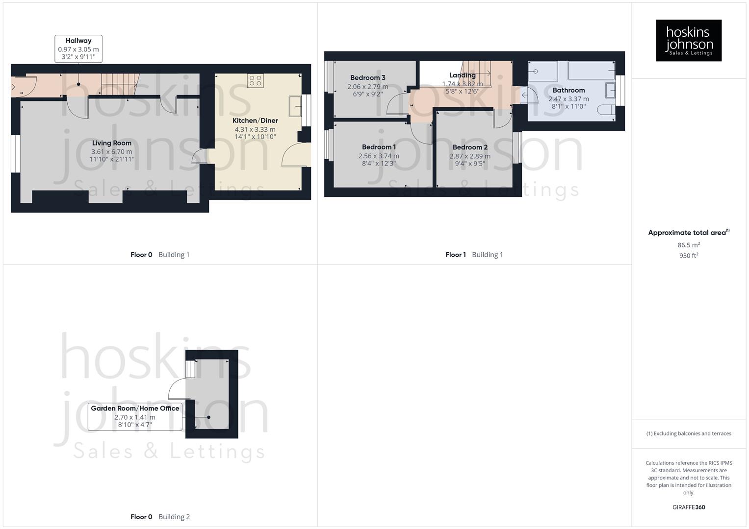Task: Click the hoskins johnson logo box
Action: (x=688, y=40)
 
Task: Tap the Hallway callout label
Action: (x=78, y=48)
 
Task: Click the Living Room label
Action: (x=112, y=143)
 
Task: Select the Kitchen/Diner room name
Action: (x=255, y=120)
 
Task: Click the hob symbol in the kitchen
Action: (x=255, y=80)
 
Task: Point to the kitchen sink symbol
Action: (x=295, y=106)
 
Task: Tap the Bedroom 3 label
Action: (x=367, y=77)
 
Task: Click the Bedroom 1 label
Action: (x=379, y=147)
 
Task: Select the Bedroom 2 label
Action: (x=470, y=147)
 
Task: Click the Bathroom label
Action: (x=568, y=90)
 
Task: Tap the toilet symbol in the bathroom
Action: (x=606, y=110)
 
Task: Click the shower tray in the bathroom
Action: (x=542, y=72)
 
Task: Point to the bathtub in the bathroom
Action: (x=591, y=71)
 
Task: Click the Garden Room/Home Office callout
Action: (x=135, y=416)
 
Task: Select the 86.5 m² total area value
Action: (x=689, y=245)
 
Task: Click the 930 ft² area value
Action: (x=689, y=256)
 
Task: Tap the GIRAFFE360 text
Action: (x=689, y=507)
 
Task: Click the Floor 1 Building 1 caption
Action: (x=474, y=255)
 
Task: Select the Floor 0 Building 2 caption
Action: (x=160, y=517)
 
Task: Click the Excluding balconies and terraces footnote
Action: (x=689, y=433)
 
